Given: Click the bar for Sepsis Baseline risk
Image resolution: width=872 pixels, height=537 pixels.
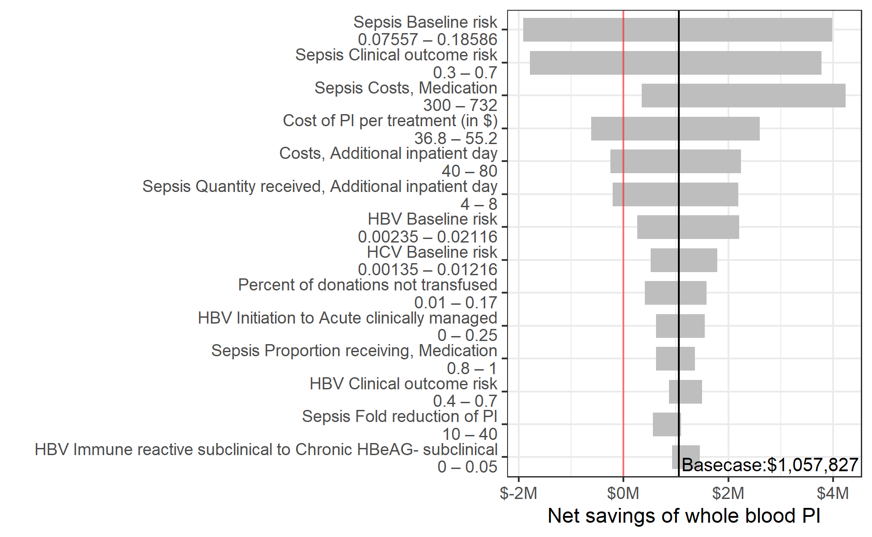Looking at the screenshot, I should coord(677,30).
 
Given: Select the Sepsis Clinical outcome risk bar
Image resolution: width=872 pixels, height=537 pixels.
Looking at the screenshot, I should coord(675,63).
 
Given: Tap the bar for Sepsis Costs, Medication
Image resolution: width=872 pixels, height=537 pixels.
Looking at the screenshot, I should coord(743,95).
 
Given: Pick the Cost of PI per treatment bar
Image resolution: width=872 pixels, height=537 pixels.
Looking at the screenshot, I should coord(675,128).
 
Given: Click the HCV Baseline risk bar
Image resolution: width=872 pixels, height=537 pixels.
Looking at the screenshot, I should coord(684,260).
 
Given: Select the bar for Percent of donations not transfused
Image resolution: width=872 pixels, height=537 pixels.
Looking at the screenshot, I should coord(675,293).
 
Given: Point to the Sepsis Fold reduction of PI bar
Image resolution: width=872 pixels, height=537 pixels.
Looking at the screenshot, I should coord(667,424).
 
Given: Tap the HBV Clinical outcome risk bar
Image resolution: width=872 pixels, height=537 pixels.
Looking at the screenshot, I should coord(685,392).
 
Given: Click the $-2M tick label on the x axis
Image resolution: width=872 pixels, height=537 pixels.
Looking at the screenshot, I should coord(519,493).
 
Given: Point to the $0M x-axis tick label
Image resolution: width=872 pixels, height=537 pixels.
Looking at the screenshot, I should coord(623,493).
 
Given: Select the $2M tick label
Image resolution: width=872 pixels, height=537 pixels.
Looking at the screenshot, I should coord(728,493).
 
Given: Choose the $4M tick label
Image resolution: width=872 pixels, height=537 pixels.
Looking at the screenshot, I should coord(832,493).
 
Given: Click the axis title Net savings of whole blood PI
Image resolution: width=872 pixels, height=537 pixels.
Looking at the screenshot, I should coord(684,516).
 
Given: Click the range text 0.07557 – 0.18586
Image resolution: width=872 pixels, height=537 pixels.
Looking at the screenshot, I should coord(428,39).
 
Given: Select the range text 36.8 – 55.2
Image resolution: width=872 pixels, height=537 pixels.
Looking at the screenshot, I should coord(456,138).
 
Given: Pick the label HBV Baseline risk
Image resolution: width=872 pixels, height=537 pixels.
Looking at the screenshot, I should coord(432,219).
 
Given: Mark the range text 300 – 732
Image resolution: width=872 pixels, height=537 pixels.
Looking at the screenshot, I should coord(460,105).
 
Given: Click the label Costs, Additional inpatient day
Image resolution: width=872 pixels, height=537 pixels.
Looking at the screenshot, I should coord(388,153).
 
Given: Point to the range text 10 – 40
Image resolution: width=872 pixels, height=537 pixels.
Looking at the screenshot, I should coord(470,434).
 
